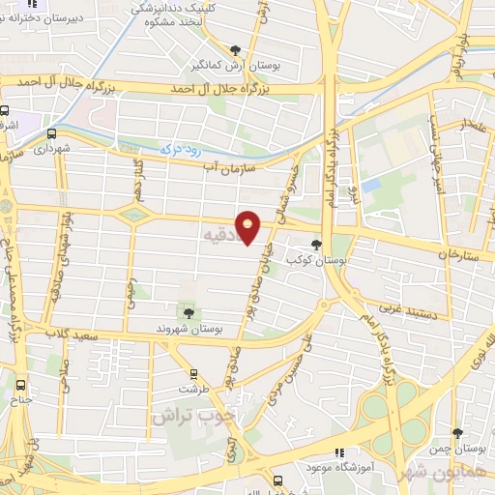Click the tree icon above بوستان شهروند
pyautogui.click(x=188, y=312)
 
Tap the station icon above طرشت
pyautogui.click(x=193, y=373)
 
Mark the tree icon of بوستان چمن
pyautogui.click(x=457, y=433)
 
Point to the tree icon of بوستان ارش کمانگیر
pyautogui.click(x=235, y=50)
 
